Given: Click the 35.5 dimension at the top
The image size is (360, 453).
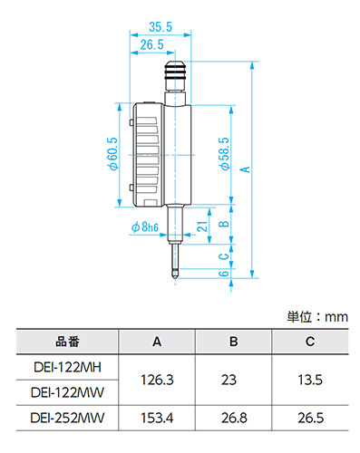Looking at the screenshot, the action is point(161,27).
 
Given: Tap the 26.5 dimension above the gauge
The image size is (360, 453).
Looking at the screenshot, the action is point(151,44).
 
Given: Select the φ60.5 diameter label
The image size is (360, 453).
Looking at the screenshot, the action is point(113,154).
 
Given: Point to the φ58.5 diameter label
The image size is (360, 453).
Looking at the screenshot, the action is point(225,154).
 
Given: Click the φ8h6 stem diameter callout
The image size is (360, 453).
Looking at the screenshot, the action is point(144,226).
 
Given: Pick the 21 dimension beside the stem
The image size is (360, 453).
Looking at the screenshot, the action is point(202,226).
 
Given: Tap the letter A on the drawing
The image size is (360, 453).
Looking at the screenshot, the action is point(245,169).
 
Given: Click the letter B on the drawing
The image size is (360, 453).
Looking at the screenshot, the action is point(224,224).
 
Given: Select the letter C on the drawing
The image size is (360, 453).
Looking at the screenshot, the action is point(224,256).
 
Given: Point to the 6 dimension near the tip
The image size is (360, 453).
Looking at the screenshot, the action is point(224,274).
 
